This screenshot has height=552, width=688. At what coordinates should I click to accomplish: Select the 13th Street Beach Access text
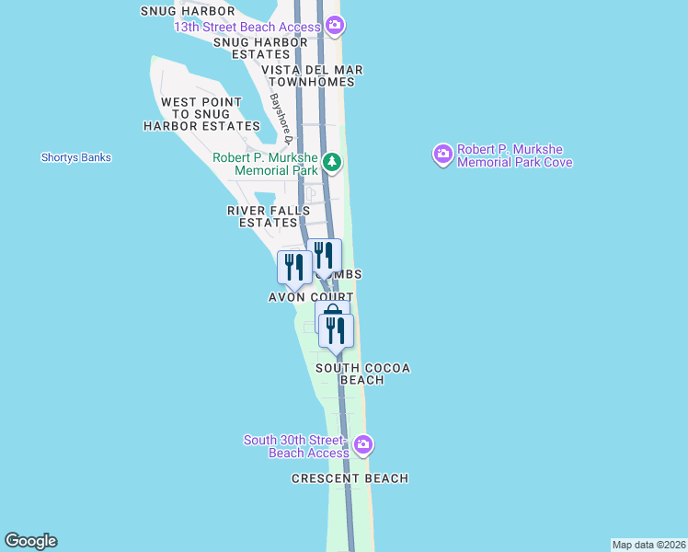pos(248,27)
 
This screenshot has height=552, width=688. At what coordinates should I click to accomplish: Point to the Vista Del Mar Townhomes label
pos(312,75)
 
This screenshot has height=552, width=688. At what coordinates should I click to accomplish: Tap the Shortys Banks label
pos(76,157)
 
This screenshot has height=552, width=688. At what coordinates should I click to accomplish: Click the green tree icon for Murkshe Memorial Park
pos(331,165)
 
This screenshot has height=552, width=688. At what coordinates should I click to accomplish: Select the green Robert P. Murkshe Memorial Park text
pos(265,164)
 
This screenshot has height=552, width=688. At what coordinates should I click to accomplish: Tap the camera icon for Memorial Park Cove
pos(443,154)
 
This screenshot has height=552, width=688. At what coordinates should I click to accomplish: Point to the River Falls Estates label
pos(269,216)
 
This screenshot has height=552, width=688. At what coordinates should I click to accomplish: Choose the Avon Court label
pos(311,297)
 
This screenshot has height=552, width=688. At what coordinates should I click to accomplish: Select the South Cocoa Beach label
pos(362,374)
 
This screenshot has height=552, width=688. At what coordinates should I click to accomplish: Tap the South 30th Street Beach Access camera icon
pos(362,445)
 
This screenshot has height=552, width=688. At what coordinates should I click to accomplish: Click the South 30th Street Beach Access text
pos(296,446)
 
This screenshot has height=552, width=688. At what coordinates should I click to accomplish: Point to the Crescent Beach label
pos(350,478)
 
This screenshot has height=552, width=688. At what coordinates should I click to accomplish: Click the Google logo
pos(30,541)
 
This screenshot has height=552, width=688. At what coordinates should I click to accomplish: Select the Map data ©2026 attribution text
pos(649,545)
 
